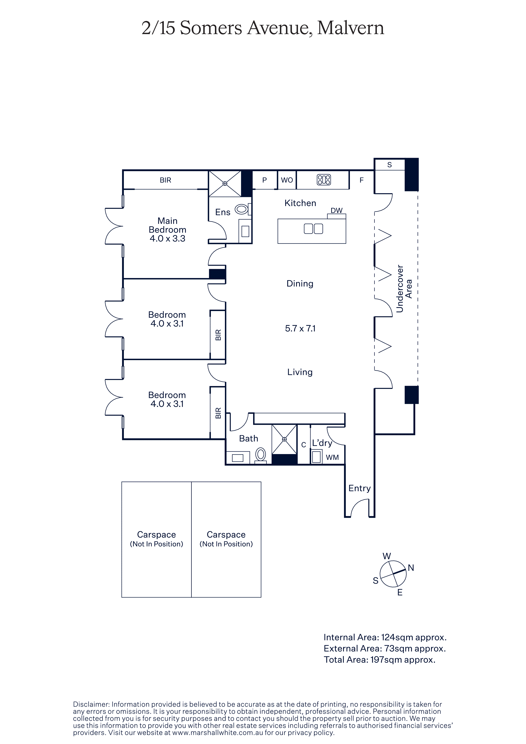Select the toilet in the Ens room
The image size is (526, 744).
pos(241,209)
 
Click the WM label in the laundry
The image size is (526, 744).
pos(332,457)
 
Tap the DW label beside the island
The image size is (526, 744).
pos(336,210)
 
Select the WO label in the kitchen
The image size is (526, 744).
pos(287,180)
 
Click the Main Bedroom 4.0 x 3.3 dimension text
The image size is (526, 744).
pos(168,239)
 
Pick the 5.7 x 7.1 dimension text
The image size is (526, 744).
pos(300,329)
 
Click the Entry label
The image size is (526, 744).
pos(359,488)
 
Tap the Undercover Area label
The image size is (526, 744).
pos(404,289)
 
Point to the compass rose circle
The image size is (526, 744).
pos(393,574)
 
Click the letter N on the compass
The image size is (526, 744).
pos(411,568)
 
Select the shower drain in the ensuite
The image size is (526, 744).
pos(225,183)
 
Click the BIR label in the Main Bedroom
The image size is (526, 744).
pos(165,180)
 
